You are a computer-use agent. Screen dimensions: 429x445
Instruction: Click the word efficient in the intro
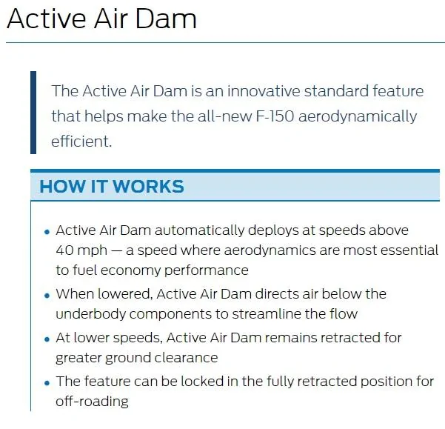pyautogui.click(x=81, y=141)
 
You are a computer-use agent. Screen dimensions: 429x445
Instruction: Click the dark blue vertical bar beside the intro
pyautogui.click(x=33, y=113)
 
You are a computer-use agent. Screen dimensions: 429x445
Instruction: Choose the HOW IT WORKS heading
pyautogui.click(x=112, y=186)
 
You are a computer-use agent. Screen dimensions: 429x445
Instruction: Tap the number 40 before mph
pyautogui.click(x=65, y=250)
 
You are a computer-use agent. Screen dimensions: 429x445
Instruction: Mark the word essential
pyautogui.click(x=412, y=250)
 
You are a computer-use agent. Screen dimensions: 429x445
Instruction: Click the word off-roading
pyautogui.click(x=92, y=402)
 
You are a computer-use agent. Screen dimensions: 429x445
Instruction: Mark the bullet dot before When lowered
pyautogui.click(x=47, y=296)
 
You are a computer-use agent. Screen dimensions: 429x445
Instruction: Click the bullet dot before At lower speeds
pyautogui.click(x=47, y=339)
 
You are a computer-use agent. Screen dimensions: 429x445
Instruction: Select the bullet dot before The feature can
pyautogui.click(x=47, y=383)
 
